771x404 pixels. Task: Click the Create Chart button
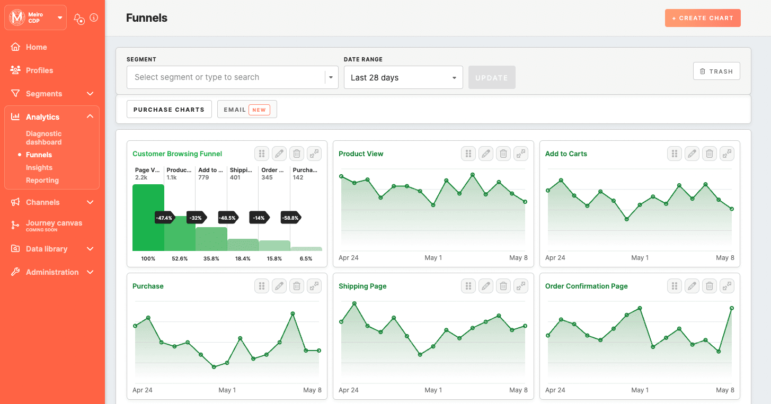703,18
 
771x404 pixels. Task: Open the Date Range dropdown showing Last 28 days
403,77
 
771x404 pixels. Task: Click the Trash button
716,71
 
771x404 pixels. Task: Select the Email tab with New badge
247,110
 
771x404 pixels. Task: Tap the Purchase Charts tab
169,110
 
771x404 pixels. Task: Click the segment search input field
225,77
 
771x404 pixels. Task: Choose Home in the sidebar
36,47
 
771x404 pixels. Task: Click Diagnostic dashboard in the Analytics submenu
43,138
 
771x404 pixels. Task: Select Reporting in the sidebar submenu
42,180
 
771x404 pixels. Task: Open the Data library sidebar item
47,249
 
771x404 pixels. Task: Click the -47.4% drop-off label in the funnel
164,218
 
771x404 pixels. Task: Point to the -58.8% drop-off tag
290,218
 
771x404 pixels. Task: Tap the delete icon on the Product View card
503,154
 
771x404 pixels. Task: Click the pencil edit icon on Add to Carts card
692,154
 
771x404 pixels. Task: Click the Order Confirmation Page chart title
586,286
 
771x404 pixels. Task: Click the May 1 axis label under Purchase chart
227,390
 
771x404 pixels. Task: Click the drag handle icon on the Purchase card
262,286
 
